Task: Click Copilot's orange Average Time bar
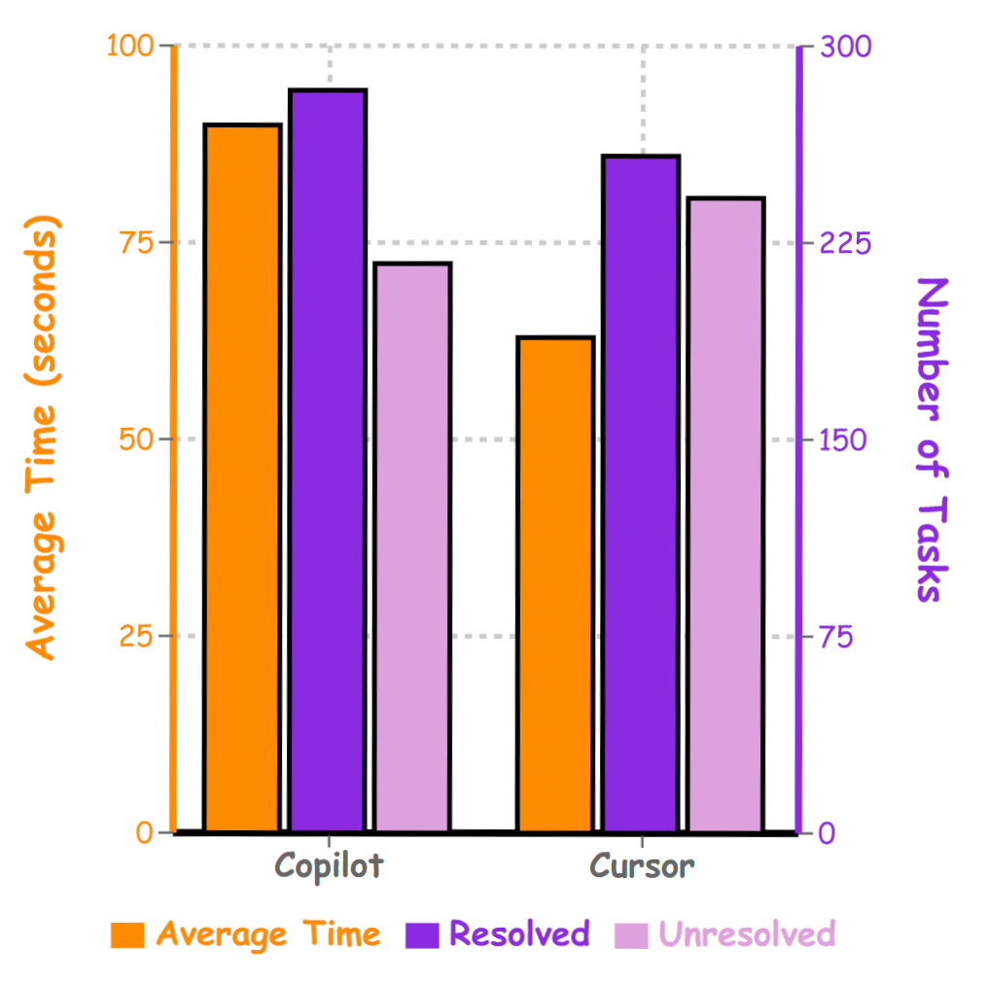pos(242,477)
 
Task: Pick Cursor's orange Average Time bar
pos(555,583)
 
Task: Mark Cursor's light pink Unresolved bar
pos(725,514)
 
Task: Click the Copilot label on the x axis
pos(329,865)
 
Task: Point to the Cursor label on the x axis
pos(642,865)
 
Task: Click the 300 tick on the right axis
pos(845,46)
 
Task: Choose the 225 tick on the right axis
pos(845,242)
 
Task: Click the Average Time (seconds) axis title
pos(42,438)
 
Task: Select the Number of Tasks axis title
pos(931,439)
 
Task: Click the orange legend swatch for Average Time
pos(127,935)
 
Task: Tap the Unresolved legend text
pos(747,934)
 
